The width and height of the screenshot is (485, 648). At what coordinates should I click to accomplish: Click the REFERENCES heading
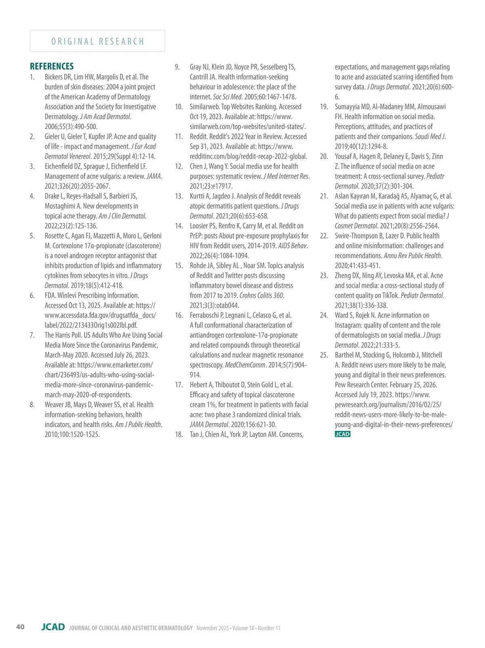(x=52, y=66)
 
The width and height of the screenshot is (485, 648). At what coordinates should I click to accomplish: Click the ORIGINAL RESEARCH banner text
(x=97, y=41)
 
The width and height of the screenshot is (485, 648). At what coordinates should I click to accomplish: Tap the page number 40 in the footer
(x=20, y=627)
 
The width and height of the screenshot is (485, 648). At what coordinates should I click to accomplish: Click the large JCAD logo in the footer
(x=53, y=627)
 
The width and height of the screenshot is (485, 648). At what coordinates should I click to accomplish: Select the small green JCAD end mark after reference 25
(x=342, y=434)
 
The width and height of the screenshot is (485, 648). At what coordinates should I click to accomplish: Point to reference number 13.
(x=179, y=196)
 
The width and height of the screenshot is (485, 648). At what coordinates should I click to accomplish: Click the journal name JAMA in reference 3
(x=154, y=176)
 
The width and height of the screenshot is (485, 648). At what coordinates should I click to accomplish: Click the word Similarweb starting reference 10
(x=205, y=107)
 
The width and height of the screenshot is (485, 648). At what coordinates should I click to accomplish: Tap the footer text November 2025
(x=213, y=628)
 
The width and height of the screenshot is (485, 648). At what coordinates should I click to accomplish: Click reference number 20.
(x=324, y=157)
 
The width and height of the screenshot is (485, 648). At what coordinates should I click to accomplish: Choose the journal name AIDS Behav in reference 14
(x=292, y=246)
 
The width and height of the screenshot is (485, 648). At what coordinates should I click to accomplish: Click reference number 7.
(x=32, y=335)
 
